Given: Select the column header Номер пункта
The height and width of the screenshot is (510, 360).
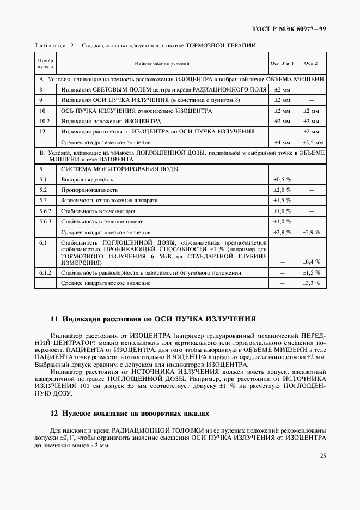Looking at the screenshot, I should point(45,64).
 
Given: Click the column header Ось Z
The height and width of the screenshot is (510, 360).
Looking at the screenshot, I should point(311,64).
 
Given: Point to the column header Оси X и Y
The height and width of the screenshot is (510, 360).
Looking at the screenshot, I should point(282,64).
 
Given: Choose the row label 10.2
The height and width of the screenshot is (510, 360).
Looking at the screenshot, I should point(45,121).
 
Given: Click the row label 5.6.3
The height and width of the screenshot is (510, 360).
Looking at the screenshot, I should point(46,222).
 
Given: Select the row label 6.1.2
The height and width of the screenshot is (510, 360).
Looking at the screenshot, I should point(45,272).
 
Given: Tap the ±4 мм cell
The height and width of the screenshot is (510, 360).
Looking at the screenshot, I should point(282,143).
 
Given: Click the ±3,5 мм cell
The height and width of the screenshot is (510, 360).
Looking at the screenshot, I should point(311,143).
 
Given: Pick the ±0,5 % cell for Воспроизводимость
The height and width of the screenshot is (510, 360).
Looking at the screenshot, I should point(282,179).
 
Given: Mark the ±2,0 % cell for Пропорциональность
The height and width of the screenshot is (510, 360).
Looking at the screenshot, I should point(282,190).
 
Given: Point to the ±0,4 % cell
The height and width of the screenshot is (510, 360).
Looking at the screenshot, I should point(311,262).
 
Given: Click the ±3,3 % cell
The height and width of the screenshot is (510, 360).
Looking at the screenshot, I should point(311,283).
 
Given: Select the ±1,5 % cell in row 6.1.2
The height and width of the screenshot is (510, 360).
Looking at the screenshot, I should point(311,272).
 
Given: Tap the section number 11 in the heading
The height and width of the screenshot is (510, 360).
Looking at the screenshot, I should point(53,319).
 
